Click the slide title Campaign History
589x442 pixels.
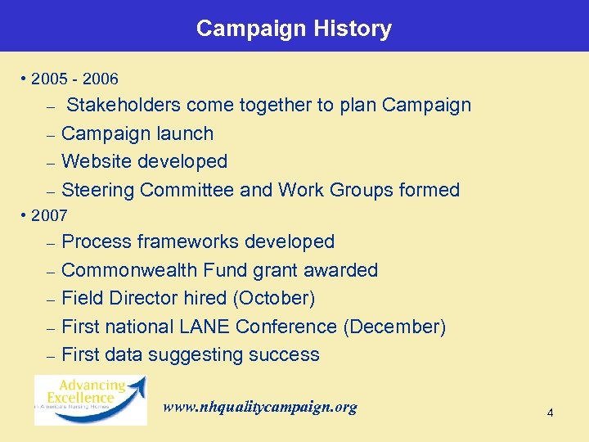pyautogui.click(x=294, y=29)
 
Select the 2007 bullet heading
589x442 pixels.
pyautogui.click(x=49, y=215)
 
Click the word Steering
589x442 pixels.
pyautogui.click(x=97, y=190)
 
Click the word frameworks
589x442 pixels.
pyautogui.click(x=190, y=242)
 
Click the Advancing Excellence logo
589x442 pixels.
pyautogui.click(x=90, y=399)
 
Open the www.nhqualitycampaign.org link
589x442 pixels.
pyautogui.click(x=260, y=407)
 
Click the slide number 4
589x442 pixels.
pyautogui.click(x=550, y=413)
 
